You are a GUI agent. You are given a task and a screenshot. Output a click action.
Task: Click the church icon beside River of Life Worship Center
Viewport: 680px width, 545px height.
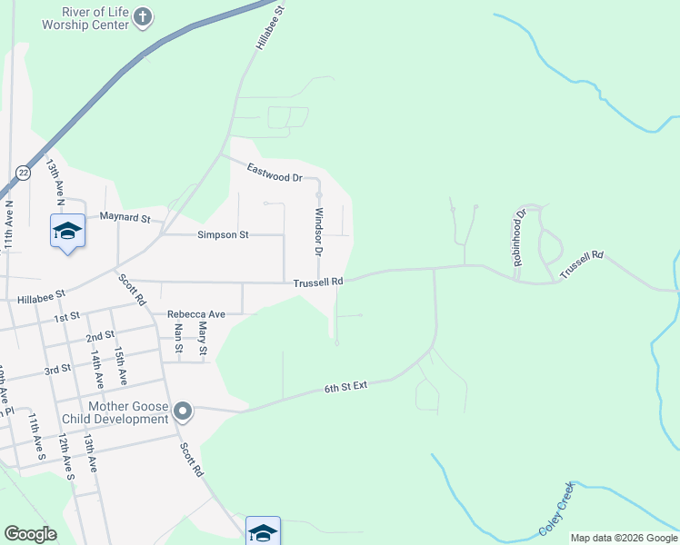coord(143,17)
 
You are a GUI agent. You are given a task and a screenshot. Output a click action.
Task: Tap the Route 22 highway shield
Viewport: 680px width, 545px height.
coord(23,172)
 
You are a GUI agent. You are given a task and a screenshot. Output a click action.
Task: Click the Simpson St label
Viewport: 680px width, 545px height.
coord(223,235)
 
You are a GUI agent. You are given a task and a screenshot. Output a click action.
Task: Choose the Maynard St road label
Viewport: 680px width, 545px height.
coord(125,217)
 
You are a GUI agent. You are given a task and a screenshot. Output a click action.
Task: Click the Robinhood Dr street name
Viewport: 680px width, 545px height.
coord(519,238)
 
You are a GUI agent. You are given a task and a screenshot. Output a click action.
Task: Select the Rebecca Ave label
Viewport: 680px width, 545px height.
coord(195,314)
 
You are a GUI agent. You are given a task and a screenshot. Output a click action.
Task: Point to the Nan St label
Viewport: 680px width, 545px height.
coord(179,338)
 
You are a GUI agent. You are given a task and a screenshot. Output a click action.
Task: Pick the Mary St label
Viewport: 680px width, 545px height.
coord(203,338)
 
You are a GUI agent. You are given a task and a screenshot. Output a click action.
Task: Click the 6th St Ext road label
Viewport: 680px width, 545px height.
coord(345,387)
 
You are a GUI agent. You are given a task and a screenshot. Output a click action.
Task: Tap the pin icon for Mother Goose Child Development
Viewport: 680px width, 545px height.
coord(183,412)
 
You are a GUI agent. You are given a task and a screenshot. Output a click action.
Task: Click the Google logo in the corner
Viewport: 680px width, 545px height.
coord(30,534)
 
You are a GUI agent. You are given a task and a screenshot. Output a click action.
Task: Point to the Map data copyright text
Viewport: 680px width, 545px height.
coord(624,538)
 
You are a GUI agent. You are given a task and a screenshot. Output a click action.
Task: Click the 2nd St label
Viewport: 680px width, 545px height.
coord(100,337)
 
